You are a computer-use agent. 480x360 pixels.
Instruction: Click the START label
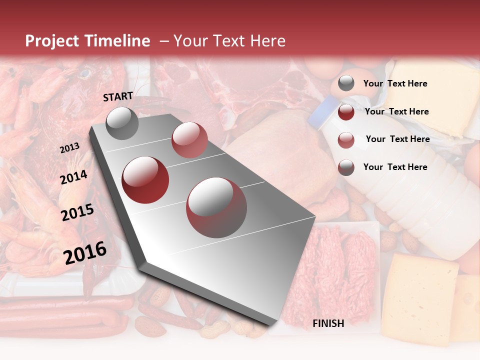click(x=118, y=96)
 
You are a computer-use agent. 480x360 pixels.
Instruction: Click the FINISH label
click(x=328, y=323)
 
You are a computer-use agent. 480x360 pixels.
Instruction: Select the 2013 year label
click(x=69, y=147)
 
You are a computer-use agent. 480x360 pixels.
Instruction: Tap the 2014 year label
click(x=73, y=177)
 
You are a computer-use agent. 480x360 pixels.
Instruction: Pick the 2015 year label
click(x=77, y=213)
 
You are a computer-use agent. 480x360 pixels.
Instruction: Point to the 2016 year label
click(x=85, y=252)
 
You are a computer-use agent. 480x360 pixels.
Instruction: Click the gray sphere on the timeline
click(x=122, y=123)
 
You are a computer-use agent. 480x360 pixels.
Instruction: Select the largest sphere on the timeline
click(x=216, y=207)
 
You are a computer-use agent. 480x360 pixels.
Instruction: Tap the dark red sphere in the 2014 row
click(x=145, y=179)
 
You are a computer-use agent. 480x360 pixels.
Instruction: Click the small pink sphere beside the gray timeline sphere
click(x=189, y=140)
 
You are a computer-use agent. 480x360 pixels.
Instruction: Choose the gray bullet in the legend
click(x=346, y=83)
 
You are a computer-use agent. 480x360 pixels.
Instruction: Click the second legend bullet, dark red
click(x=346, y=112)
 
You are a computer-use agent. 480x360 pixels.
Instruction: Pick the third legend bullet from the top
click(x=346, y=140)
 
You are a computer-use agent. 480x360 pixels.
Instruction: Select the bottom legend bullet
click(x=346, y=167)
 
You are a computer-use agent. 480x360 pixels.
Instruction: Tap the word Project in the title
click(x=52, y=41)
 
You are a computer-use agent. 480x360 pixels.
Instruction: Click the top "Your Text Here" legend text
click(x=395, y=83)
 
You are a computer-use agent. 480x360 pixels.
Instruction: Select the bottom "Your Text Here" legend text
click(x=395, y=167)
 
